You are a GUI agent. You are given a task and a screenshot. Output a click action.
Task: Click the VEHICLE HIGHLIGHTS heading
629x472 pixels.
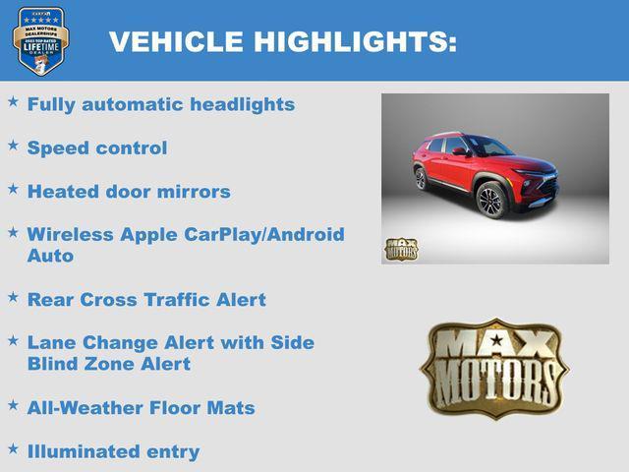282,41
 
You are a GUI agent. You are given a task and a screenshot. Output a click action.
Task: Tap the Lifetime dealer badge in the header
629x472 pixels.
40,40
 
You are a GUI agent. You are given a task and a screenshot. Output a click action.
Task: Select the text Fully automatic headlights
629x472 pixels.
160,104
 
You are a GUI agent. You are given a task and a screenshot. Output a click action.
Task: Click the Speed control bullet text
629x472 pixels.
97,147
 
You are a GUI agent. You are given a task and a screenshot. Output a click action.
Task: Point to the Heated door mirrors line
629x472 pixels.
129,191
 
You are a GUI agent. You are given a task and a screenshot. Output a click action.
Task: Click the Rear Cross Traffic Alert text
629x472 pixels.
146,299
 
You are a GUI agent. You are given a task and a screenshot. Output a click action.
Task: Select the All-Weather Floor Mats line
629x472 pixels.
141,407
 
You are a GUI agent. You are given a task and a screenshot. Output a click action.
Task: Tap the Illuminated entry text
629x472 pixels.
113,451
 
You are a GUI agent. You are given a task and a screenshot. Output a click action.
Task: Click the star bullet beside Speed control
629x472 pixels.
13,145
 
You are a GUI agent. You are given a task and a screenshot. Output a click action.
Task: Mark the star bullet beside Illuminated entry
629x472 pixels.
13,448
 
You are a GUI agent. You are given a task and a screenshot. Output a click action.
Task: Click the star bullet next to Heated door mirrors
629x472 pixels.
13,188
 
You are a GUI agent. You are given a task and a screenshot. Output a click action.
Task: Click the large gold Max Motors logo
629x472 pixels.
494,368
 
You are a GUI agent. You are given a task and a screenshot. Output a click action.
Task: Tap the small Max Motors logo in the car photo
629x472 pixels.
401,249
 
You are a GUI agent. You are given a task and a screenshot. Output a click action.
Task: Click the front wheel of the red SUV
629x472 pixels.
489,201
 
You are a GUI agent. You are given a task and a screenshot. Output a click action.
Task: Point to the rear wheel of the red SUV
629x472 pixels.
421,179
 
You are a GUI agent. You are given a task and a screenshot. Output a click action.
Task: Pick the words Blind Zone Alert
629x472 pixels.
108,364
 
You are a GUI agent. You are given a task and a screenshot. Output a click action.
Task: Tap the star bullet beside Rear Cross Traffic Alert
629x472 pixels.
13,296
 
